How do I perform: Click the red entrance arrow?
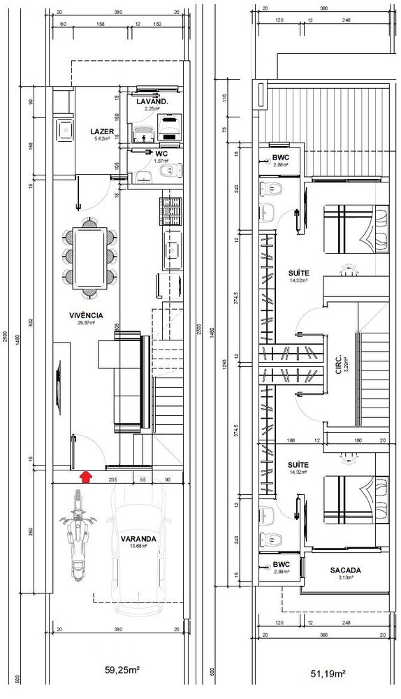86,477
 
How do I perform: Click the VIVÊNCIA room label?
86,315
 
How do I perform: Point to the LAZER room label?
102,131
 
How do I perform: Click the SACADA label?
345,570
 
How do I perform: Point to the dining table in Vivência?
89,256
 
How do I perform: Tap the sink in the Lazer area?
65,129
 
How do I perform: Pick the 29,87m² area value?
86,323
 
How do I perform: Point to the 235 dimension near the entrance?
112,480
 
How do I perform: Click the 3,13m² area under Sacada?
345,577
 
